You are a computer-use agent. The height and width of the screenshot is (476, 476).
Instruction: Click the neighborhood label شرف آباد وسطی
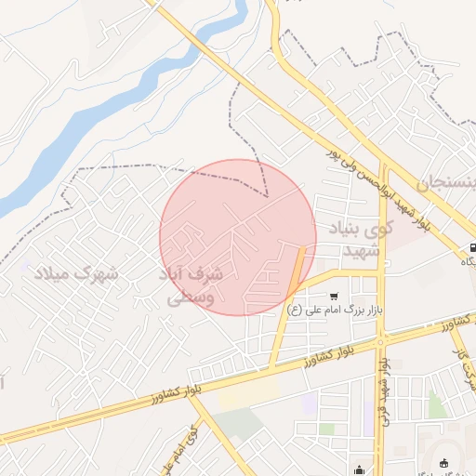click(x=193, y=287)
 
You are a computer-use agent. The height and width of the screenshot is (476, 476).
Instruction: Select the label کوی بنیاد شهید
click(x=361, y=239)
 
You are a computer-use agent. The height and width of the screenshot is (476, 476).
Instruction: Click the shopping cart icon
click(x=333, y=296)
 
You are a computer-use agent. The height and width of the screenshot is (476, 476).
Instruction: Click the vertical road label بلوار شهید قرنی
click(x=382, y=401)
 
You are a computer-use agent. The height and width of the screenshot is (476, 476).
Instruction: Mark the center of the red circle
click(x=238, y=237)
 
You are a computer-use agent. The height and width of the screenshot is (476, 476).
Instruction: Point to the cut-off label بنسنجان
click(x=452, y=183)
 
